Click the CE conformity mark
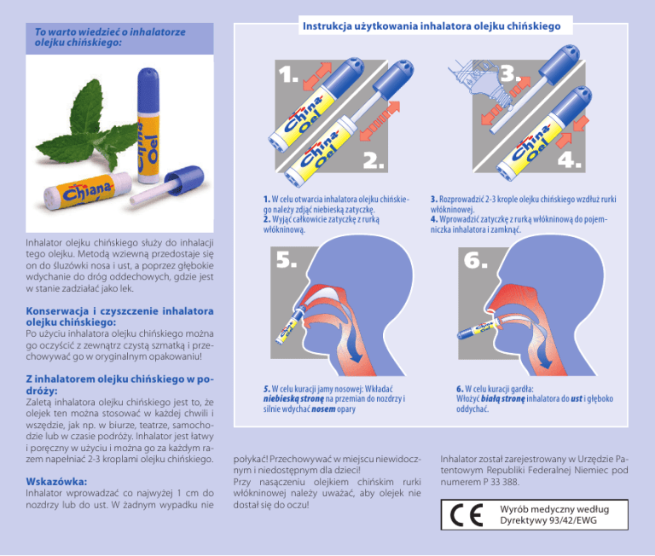(x=467, y=515)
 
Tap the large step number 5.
(x=287, y=259)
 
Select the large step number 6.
(x=475, y=260)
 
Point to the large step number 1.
(x=288, y=74)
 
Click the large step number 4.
(x=569, y=159)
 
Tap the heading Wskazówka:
(x=56, y=481)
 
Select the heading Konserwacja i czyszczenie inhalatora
(x=120, y=310)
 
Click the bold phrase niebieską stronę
(x=293, y=399)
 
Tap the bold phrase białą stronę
(x=502, y=399)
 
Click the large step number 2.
(x=374, y=160)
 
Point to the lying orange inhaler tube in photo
(x=87, y=191)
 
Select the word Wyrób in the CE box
(x=512, y=509)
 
